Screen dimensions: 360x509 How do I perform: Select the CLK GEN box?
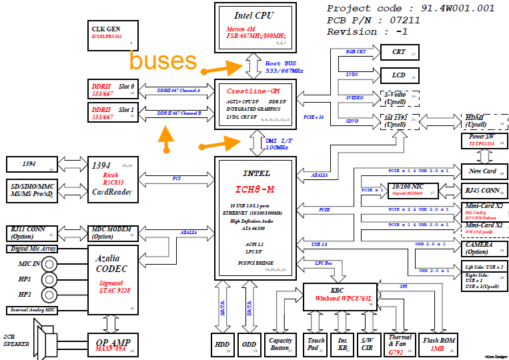(113, 35)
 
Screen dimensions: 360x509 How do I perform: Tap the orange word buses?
(163, 61)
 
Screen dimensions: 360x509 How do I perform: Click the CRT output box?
(399, 52)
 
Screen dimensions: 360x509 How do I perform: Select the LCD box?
(399, 75)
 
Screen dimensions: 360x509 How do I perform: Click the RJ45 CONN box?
(482, 191)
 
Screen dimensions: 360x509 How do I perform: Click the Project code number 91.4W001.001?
(457, 8)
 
